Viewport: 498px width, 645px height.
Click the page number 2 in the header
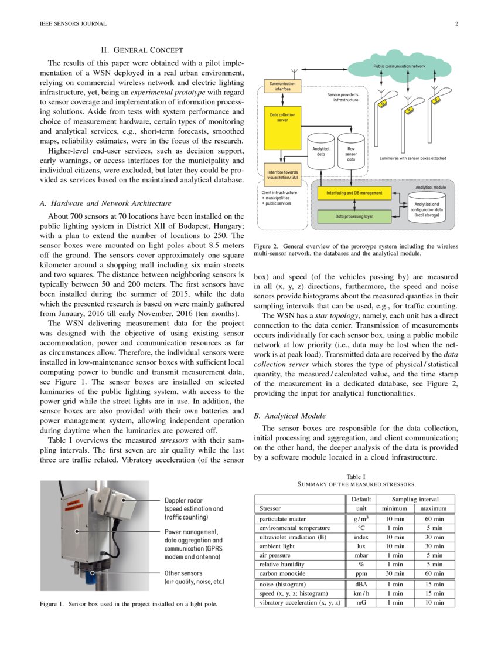(456, 24)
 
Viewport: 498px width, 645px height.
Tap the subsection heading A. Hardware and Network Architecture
(101, 204)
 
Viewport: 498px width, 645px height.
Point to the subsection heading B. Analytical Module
(289, 416)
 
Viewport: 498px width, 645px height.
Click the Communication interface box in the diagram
(282, 86)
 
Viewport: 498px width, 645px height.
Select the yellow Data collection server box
(282, 126)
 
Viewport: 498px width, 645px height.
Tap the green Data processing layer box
(354, 216)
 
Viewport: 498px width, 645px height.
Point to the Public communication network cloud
(399, 66)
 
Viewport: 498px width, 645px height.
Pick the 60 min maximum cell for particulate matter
(434, 520)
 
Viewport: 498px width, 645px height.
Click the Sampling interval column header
(414, 499)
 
